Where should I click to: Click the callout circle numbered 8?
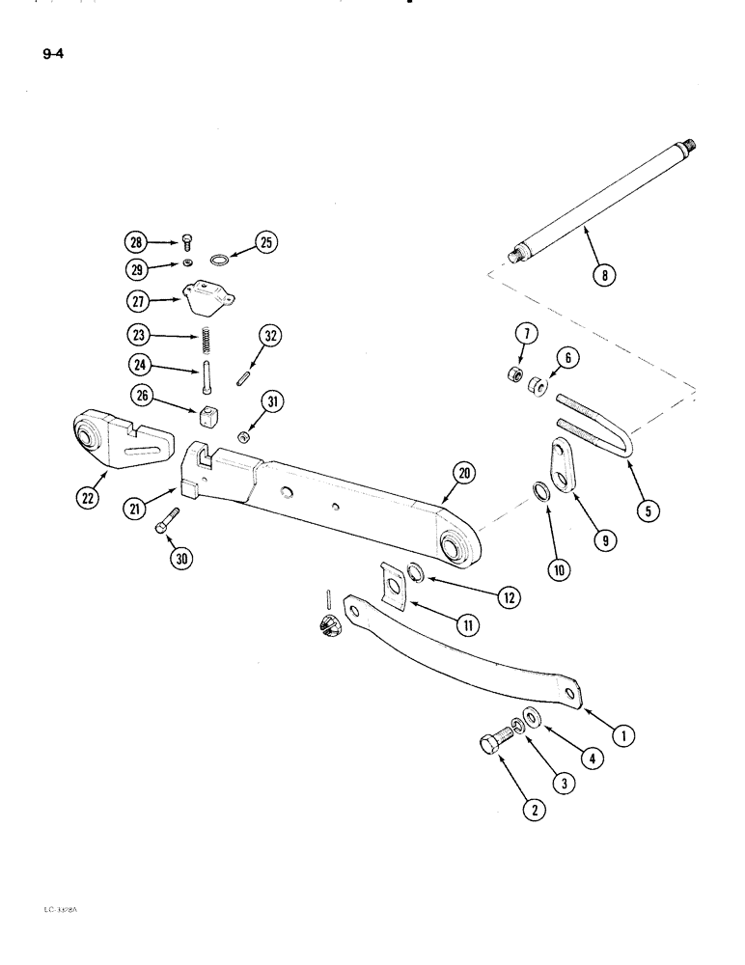[605, 274]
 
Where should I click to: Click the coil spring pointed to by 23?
[205, 339]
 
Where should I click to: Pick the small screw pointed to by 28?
[187, 240]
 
